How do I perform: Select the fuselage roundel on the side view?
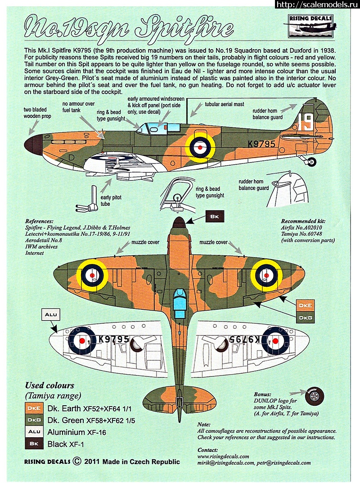pos(198,145)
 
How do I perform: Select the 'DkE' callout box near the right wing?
pos(306,305)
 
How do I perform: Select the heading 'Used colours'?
pos(49,385)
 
